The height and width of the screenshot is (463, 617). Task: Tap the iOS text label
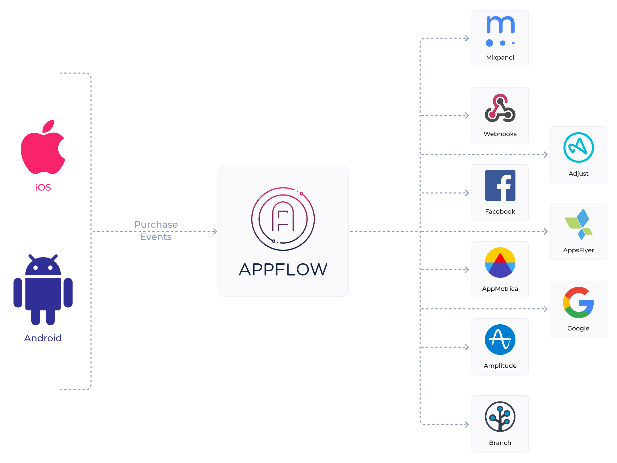tap(43, 187)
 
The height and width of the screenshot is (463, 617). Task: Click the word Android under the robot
tap(43, 338)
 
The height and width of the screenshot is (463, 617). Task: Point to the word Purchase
tap(156, 224)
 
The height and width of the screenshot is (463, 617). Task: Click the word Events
tap(156, 237)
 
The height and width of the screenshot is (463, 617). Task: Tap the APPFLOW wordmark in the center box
tap(283, 270)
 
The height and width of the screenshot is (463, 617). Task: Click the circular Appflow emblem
tap(283, 219)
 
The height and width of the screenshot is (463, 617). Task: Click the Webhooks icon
tap(500, 108)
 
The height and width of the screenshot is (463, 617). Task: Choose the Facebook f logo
tap(500, 186)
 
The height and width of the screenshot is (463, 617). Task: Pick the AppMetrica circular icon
tap(500, 263)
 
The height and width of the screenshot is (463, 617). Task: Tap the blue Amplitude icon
tap(500, 340)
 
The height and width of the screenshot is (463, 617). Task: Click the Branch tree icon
tap(500, 417)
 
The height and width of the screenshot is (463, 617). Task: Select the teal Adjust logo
tap(578, 147)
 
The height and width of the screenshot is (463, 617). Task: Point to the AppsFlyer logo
tap(578, 224)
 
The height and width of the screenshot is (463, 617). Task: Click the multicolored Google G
tap(578, 302)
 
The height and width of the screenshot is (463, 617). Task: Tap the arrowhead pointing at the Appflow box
tap(215, 231)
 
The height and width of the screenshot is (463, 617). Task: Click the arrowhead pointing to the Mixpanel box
tap(467, 38)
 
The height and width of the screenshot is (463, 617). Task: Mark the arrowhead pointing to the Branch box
tap(467, 424)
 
